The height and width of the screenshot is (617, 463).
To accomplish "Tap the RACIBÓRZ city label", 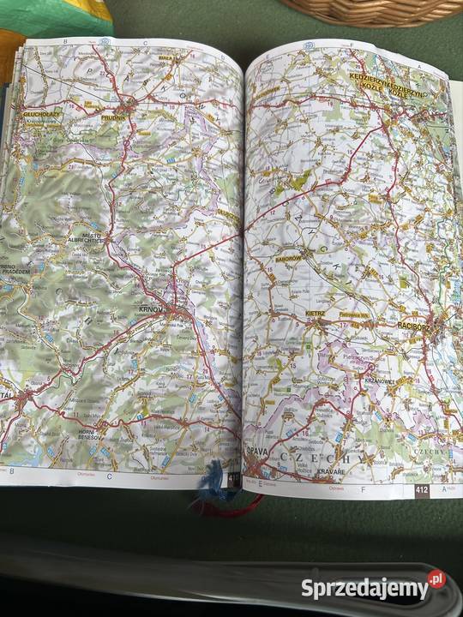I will click(x=419, y=326).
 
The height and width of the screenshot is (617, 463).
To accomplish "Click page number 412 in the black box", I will click(x=421, y=490).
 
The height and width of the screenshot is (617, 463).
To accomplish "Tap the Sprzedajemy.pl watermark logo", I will click(x=373, y=587).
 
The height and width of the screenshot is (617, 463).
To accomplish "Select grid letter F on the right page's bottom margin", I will click(x=363, y=489).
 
